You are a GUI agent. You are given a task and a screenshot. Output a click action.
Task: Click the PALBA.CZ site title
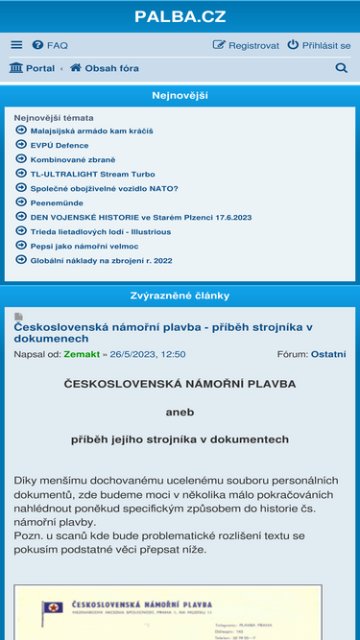(180, 16)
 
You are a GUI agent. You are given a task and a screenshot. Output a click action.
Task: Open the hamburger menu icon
(16, 45)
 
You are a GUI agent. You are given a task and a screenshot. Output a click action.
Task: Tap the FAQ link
(50, 45)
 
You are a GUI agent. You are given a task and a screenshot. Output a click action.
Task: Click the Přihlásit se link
(319, 45)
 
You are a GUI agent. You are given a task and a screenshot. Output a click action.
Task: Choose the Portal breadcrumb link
(32, 68)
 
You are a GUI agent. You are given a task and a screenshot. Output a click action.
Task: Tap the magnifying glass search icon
(341, 68)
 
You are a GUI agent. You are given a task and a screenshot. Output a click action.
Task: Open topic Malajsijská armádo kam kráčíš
(91, 130)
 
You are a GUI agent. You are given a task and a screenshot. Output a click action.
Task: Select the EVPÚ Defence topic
(59, 145)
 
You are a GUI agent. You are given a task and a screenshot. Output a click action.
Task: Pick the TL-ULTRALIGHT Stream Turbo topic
(92, 174)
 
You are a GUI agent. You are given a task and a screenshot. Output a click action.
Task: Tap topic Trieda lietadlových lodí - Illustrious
(101, 231)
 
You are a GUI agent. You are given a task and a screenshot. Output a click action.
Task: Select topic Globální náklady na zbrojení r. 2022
(101, 260)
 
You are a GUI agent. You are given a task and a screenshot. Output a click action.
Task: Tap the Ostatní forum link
(327, 354)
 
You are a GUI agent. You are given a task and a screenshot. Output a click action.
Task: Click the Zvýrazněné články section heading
(180, 296)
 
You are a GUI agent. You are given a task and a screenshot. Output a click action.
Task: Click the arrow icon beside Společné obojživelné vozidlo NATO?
(21, 188)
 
